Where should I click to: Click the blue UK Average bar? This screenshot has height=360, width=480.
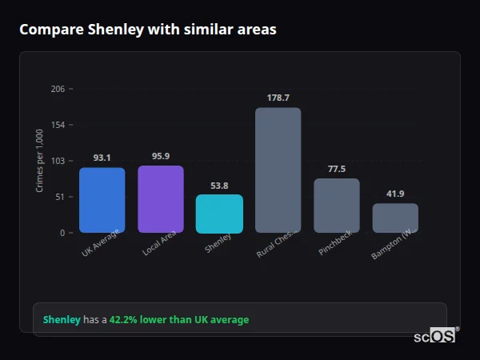[102, 200]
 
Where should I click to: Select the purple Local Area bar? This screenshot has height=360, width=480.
[161, 199]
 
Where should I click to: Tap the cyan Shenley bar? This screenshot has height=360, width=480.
[219, 214]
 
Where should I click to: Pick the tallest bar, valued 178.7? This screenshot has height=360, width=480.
[278, 170]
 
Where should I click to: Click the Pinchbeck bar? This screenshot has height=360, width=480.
[336, 206]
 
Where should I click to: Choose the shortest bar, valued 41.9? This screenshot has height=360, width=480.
[395, 218]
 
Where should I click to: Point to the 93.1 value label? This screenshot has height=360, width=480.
[102, 158]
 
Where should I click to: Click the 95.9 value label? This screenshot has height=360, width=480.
[161, 156]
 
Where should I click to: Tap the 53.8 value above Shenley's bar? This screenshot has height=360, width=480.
[219, 186]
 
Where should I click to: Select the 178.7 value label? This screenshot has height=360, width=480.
[278, 98]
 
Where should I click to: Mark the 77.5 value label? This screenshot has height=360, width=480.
[336, 169]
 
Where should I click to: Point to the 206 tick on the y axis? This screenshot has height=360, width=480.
[58, 89]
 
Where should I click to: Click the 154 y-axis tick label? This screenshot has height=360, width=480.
[58, 125]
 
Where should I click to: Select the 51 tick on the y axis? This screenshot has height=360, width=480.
[60, 197]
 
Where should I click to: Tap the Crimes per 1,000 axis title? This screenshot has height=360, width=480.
[40, 161]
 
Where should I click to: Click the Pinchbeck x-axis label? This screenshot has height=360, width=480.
[334, 246]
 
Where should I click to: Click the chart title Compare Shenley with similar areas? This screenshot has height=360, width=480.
[148, 30]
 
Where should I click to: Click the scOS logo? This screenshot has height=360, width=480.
[435, 336]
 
